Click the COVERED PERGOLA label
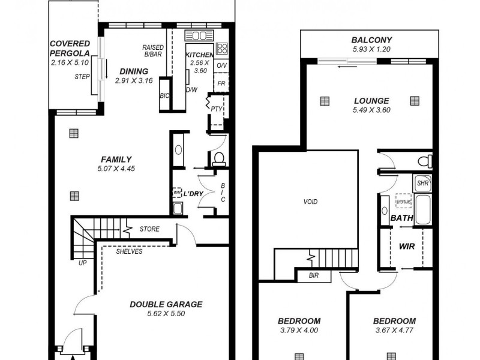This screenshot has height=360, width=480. click(x=70, y=49)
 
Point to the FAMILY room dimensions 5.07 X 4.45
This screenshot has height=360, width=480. click(x=116, y=169)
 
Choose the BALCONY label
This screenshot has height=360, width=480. click(x=371, y=41)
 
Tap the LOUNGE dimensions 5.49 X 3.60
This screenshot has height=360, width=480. click(x=371, y=110)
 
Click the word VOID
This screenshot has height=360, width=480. click(x=310, y=202)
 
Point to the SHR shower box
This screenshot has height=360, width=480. click(x=422, y=183)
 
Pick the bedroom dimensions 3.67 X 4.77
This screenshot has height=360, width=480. click(x=394, y=330)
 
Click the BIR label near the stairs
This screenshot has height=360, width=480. click(x=314, y=276)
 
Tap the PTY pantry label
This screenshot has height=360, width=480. click(x=216, y=109)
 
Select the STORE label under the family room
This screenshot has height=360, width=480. click(x=149, y=229)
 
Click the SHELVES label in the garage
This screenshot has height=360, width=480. click(x=129, y=251)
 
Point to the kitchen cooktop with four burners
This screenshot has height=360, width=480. click(x=222, y=47)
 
